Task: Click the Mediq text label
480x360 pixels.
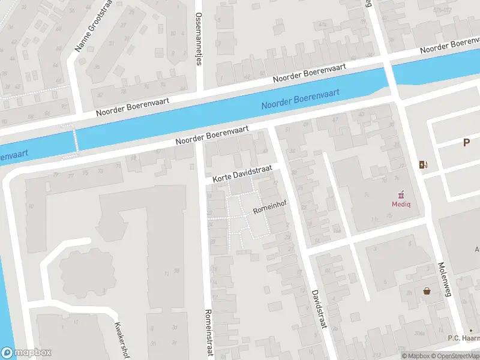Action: tap(401, 203)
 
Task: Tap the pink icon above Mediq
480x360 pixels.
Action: tap(401, 194)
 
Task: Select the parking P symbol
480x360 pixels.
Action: tap(466, 142)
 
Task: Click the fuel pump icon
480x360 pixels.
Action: tap(424, 165)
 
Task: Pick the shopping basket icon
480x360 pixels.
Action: tap(427, 291)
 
